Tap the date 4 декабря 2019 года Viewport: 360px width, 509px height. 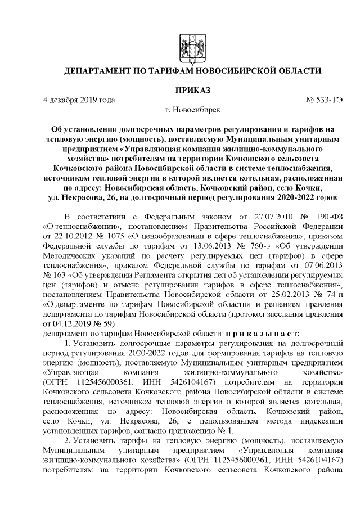coord(79,101)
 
